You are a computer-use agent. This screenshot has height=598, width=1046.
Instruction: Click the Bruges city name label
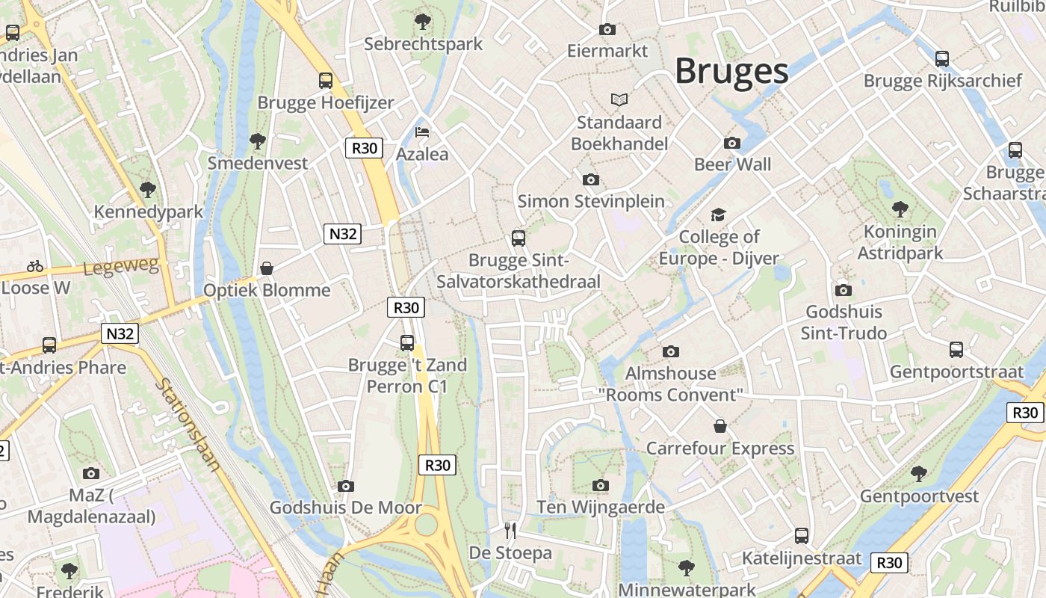[731, 72]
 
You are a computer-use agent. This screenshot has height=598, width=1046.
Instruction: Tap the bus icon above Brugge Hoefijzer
[326, 80]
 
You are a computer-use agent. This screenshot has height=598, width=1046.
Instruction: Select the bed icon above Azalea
[422, 132]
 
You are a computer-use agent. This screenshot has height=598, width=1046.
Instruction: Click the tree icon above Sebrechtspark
[423, 21]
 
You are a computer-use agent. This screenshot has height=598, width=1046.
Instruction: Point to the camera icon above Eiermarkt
[607, 29]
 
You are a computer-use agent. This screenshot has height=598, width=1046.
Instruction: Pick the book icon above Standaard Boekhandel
[619, 99]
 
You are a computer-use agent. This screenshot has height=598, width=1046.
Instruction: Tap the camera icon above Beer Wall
[732, 143]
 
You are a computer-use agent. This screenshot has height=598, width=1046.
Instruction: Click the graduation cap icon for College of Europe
[718, 215]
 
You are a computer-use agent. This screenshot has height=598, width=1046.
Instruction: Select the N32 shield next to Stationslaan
[120, 333]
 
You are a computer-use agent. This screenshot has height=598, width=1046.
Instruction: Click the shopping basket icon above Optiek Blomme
[267, 268]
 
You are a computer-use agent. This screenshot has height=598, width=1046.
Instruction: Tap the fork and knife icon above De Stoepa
[510, 531]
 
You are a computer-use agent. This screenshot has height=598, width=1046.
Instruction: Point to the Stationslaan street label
[189, 425]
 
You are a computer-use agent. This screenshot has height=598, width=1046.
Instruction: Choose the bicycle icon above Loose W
[35, 266]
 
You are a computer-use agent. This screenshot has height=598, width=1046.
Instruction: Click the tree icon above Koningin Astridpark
[900, 209]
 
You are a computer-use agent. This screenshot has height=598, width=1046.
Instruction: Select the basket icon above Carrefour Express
[720, 426]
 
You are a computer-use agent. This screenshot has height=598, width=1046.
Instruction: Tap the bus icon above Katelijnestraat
[802, 535]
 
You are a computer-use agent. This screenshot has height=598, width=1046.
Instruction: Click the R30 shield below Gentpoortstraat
[1025, 412]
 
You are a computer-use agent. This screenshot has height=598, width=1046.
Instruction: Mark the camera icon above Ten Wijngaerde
[600, 486]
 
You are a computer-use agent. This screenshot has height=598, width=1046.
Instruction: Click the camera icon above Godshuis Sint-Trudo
[844, 290]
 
